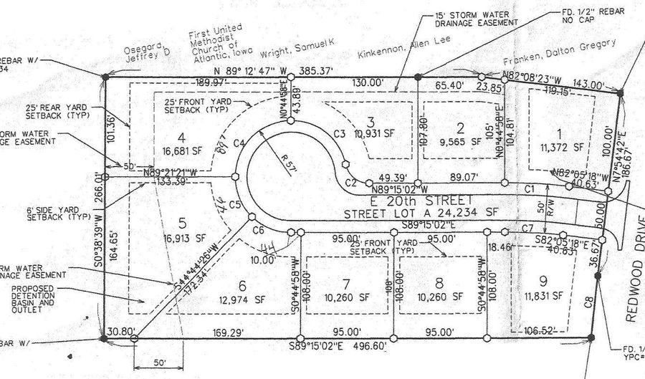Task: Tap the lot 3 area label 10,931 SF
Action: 365,135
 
